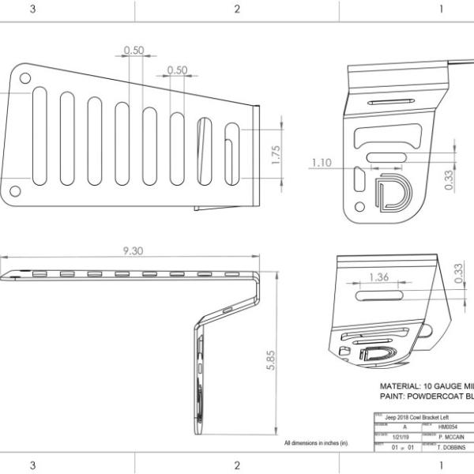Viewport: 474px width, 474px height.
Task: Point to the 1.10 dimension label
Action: click(321, 163)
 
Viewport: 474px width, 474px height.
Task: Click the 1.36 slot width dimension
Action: click(378, 277)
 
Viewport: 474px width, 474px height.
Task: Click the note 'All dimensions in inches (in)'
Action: click(316, 443)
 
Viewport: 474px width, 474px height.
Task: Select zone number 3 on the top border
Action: click(32, 9)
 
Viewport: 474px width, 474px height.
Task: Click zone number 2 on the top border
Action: click(237, 9)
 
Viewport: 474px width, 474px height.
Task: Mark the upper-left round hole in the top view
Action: click(25, 78)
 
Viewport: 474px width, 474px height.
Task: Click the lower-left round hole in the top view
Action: click(15, 191)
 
